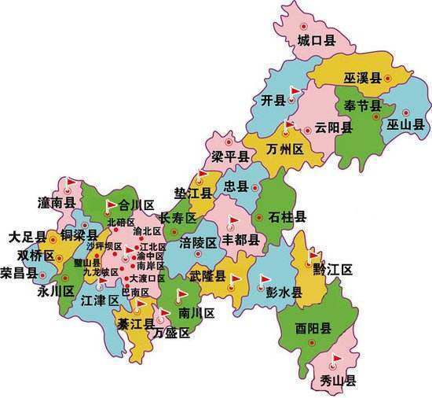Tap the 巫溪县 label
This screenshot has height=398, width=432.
click(362, 78)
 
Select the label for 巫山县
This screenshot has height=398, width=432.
click(405, 124)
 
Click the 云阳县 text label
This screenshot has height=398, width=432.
click(330, 127)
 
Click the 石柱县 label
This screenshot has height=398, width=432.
click(287, 216)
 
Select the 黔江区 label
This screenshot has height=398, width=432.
click(332, 270)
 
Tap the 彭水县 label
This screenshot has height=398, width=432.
click(284, 293)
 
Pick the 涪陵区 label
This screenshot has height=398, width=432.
click(198, 241)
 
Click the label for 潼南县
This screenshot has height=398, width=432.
click(57, 204)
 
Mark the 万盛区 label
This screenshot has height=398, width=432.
click(172, 333)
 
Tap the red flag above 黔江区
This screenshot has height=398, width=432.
click(315, 256)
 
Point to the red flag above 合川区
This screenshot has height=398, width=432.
click(111, 204)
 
